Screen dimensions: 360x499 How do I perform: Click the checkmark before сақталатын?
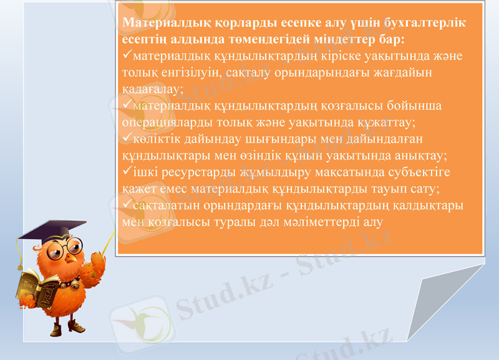tap(128, 204)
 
